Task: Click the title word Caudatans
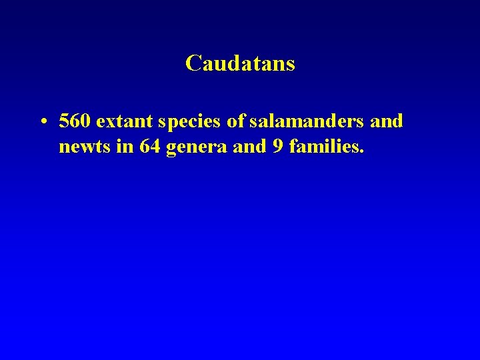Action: tap(240, 63)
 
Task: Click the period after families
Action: tap(362, 152)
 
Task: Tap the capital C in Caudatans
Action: tap(193, 63)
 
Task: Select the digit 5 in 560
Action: tap(64, 121)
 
